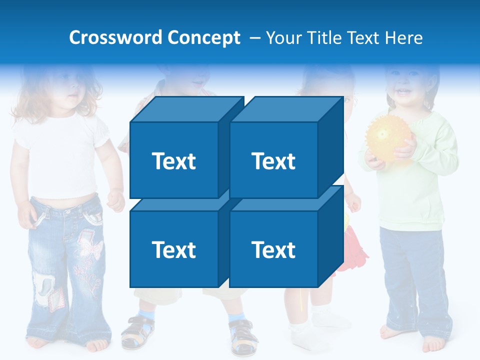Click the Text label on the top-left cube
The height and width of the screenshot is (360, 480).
pyautogui.click(x=173, y=161)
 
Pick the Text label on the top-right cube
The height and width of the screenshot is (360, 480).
pyautogui.click(x=273, y=161)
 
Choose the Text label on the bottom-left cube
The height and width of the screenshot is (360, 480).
pyautogui.click(x=173, y=249)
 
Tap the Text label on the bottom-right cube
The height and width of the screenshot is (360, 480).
pyautogui.click(x=273, y=249)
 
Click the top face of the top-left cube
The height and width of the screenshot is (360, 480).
pyautogui.click(x=185, y=109)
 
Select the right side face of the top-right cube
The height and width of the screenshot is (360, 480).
pyautogui.click(x=330, y=145)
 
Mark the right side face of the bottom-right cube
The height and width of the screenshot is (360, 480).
pyautogui.click(x=330, y=235)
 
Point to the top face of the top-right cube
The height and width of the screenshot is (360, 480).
pyautogui.click(x=285, y=109)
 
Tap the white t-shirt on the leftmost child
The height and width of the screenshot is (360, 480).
pyautogui.click(x=62, y=155)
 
